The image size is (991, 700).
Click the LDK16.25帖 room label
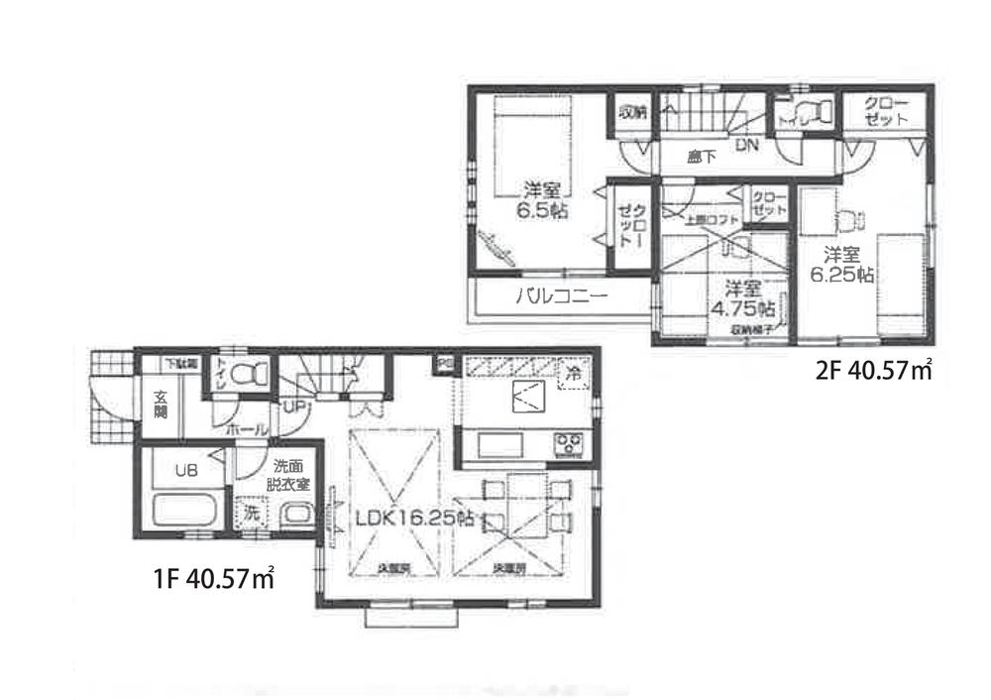coord(415,518)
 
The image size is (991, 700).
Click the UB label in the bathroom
coord(184,470)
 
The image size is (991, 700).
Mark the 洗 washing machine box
coord(252,515)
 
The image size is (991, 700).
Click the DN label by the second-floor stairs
coord(746,145)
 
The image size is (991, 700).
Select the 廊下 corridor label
coord(702,157)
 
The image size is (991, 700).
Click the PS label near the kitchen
coord(442,364)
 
